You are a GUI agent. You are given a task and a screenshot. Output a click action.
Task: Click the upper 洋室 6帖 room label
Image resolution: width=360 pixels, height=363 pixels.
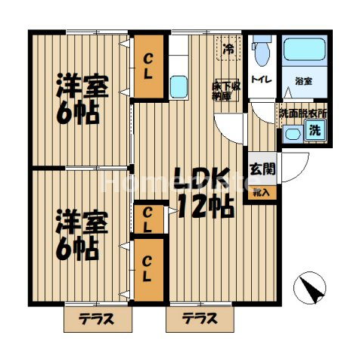pos(82,99)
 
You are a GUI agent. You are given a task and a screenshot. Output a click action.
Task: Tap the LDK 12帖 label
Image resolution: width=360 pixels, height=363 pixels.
pos(202,192)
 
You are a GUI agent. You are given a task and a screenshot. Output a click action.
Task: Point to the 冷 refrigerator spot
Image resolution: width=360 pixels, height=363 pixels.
pos(228,50)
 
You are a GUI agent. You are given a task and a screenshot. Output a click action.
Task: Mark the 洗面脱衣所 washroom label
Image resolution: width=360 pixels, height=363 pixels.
pos(303,113)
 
